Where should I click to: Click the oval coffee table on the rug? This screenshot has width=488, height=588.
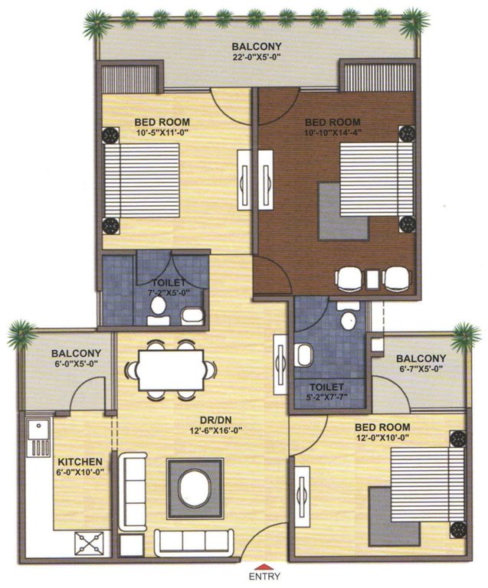click(195, 486)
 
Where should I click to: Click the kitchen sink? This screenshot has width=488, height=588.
click(37, 434)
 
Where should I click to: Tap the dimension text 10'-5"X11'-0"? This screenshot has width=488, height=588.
click(162, 132)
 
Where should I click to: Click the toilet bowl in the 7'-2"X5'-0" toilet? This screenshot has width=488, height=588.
click(159, 308)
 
